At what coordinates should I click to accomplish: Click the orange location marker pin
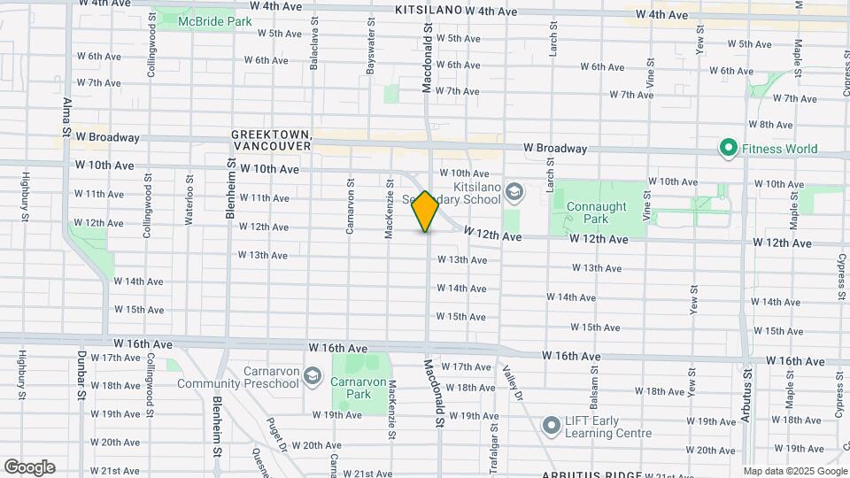(x=426, y=212)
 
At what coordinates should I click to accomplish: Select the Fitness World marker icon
(x=729, y=148)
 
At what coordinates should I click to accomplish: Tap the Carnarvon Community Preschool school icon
(x=311, y=377)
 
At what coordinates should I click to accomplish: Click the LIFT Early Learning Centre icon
(x=552, y=427)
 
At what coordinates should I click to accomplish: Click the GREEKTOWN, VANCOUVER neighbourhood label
(x=271, y=139)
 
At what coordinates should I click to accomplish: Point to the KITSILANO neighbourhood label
(x=429, y=10)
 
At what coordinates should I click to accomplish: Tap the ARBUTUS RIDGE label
(x=590, y=474)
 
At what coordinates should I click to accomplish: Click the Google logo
(x=29, y=467)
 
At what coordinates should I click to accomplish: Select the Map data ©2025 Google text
(x=794, y=471)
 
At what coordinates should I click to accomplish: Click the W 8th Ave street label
(x=770, y=125)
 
